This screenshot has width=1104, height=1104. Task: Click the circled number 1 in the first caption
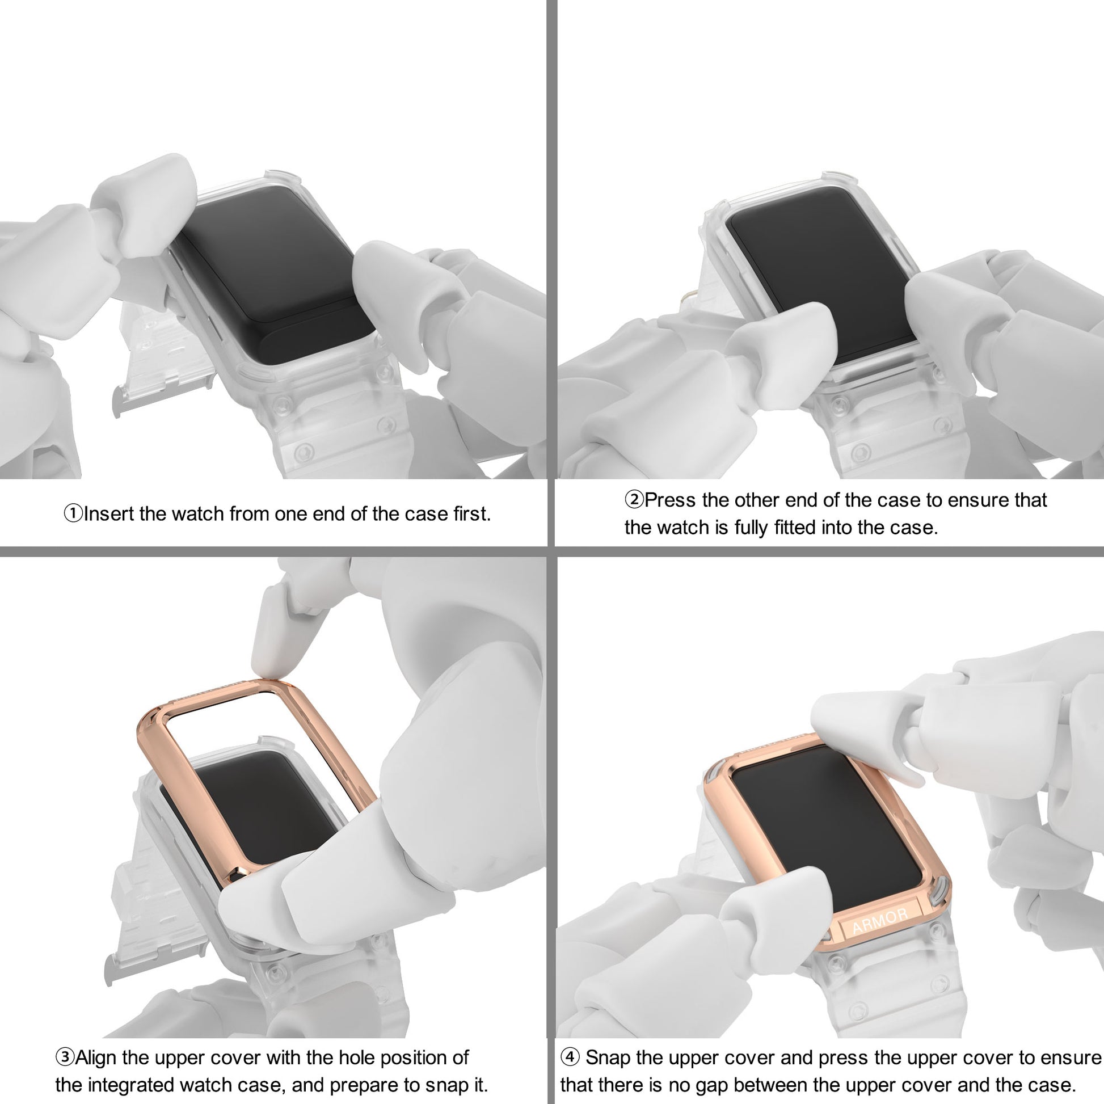pos(73,514)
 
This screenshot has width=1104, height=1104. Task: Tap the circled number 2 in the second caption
pos(634,500)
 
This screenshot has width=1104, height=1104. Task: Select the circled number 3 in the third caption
pos(65,1057)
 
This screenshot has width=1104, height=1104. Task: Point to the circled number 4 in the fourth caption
pos(570,1057)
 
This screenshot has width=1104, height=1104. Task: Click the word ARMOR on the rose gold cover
pos(879,921)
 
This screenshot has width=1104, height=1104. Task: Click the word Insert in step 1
pos(108,514)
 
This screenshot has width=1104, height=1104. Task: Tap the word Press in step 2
pos(671,500)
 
